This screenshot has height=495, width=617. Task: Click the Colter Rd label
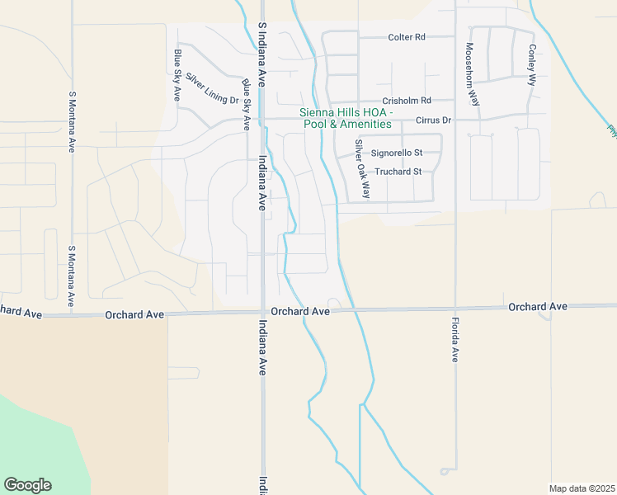click(407, 37)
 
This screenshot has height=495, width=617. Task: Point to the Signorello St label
click(397, 153)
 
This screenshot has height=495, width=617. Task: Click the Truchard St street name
click(398, 172)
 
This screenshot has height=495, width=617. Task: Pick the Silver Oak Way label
click(361, 168)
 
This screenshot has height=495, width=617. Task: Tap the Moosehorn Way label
click(472, 74)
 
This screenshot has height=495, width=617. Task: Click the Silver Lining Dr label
click(212, 89)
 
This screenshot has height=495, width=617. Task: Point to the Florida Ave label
click(455, 340)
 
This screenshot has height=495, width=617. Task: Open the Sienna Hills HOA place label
click(346, 118)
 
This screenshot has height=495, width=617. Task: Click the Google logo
click(27, 485)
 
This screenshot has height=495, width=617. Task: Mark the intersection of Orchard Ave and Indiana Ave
click(262, 312)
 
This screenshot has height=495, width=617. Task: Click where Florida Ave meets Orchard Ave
click(455, 309)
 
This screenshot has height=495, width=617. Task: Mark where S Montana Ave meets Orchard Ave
click(73, 314)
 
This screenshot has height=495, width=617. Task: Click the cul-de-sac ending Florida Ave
click(445, 471)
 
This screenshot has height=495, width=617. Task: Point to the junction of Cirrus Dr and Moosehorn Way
click(456, 118)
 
